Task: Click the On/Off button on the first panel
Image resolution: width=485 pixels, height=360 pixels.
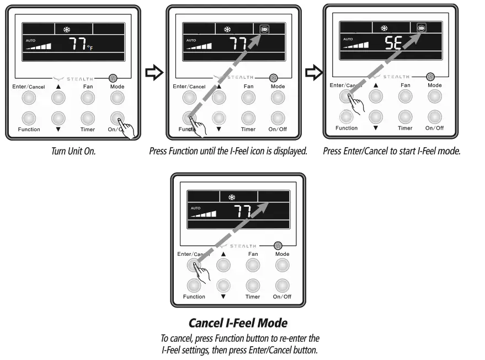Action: (x=116, y=118)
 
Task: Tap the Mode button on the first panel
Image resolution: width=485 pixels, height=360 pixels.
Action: (x=116, y=98)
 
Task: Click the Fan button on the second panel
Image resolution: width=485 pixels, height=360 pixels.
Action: (x=248, y=98)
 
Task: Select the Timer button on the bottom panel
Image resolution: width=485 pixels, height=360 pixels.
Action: (x=253, y=285)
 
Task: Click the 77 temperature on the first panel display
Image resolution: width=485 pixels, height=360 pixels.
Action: (x=77, y=45)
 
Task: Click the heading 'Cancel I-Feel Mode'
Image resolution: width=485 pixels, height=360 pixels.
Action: (x=238, y=323)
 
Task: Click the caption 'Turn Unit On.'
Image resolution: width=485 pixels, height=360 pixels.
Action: (x=73, y=151)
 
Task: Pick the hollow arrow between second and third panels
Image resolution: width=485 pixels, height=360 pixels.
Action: (x=313, y=72)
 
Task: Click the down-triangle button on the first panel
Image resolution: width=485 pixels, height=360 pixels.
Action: (x=57, y=118)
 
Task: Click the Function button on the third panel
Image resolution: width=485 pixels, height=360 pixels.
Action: (x=346, y=116)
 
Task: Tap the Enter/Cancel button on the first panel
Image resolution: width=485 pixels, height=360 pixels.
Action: (x=29, y=98)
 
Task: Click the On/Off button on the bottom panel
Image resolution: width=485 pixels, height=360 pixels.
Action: (x=282, y=285)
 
